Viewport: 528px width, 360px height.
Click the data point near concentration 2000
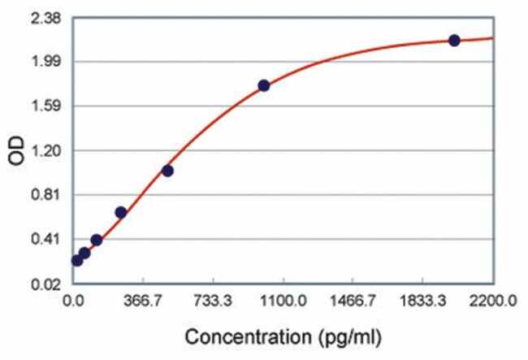point(454,40)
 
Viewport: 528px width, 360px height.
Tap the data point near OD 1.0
point(167,171)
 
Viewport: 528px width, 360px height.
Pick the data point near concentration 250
point(120,212)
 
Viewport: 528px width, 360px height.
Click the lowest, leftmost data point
point(77,260)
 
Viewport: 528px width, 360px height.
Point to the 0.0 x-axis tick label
point(74,301)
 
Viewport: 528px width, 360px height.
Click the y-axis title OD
point(17,151)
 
